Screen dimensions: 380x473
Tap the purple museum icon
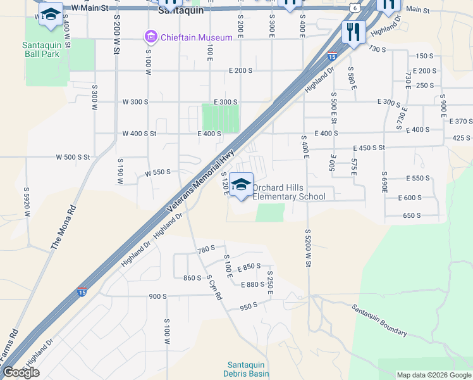tap(150, 37)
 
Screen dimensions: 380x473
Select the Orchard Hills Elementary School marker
tap(240, 185)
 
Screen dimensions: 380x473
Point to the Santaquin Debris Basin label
tap(248, 369)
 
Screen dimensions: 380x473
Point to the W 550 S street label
tap(157, 173)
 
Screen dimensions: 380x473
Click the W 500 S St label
tap(73, 156)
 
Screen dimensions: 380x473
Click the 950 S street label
tap(249, 307)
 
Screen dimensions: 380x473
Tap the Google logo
tap(21, 372)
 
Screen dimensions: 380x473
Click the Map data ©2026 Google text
tap(434, 375)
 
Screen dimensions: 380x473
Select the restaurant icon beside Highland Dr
tap(353, 31)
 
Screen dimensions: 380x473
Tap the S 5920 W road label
tap(27, 202)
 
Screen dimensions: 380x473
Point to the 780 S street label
tap(207, 250)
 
